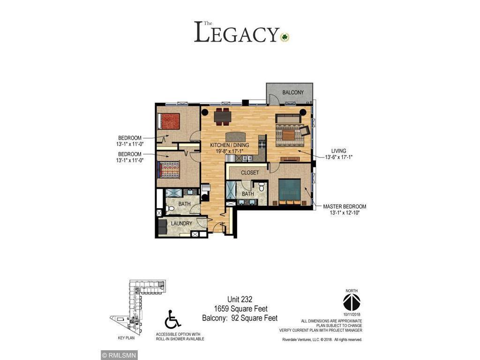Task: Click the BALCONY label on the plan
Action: [x=293, y=92]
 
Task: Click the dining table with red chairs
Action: [x=222, y=115]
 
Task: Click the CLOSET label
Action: [x=250, y=172]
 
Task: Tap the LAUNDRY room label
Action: [x=181, y=224]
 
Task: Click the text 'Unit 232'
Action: [x=240, y=300]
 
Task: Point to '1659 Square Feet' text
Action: [x=240, y=309]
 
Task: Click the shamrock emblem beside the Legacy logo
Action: [x=285, y=37]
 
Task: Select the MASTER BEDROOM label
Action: [x=345, y=206]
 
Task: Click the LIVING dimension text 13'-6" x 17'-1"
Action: [x=338, y=157]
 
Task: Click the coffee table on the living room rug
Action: [x=287, y=135]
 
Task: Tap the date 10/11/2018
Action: [x=351, y=314]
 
